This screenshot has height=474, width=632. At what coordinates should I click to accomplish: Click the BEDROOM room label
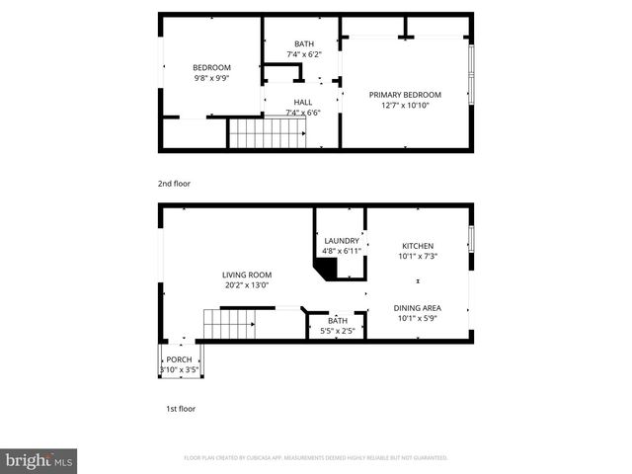click(211, 67)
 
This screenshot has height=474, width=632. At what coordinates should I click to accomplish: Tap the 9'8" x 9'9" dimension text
click(211, 77)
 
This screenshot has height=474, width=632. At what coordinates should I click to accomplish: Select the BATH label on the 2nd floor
click(304, 43)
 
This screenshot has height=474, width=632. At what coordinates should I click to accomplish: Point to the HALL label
click(303, 102)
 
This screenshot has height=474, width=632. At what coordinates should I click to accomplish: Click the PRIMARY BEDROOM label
click(405, 95)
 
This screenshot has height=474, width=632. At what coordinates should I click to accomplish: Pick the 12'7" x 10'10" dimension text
click(405, 105)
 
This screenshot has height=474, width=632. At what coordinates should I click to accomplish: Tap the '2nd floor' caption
click(174, 184)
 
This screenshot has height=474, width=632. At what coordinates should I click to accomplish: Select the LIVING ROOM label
click(246, 275)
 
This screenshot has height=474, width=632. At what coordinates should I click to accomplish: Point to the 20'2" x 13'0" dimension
click(246, 285)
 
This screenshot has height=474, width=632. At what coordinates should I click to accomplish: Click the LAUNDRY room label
click(341, 241)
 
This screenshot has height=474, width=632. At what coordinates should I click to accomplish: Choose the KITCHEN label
click(417, 246)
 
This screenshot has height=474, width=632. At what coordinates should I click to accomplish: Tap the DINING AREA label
click(419, 308)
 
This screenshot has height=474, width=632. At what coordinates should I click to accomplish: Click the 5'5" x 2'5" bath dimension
click(338, 331)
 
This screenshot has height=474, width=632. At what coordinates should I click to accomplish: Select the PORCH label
click(179, 359)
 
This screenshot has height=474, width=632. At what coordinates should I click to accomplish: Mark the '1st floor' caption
click(181, 408)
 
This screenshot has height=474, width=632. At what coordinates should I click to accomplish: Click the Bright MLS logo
click(39, 460)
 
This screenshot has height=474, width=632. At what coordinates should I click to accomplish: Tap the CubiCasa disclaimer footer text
click(316, 458)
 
